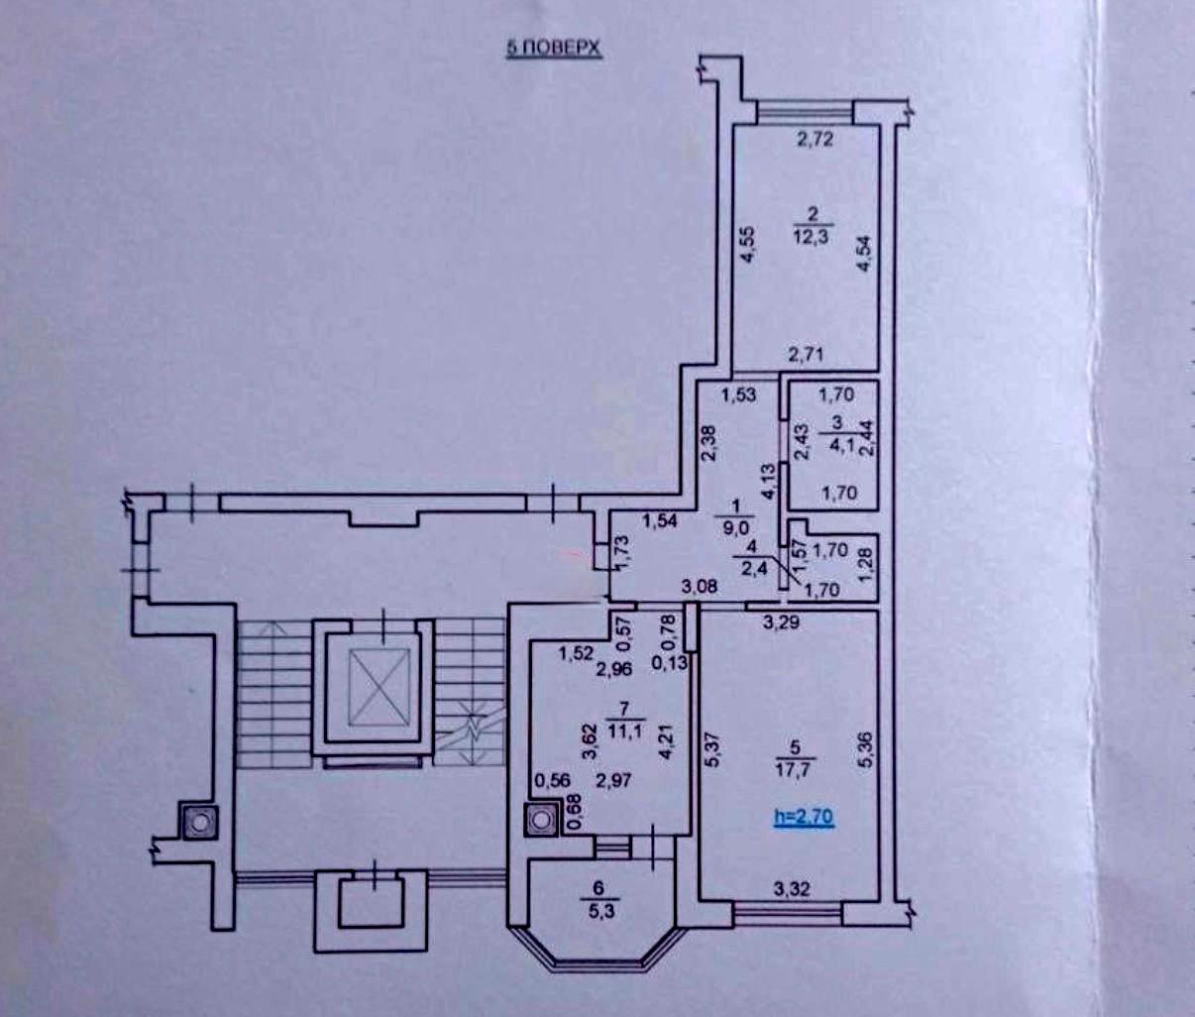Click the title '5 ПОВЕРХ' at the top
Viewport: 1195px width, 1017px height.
[x=554, y=50]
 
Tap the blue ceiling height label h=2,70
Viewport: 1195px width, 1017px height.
[x=804, y=818]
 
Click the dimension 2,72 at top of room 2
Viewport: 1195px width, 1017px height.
[x=815, y=140]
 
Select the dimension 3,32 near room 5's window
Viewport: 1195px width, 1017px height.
[x=790, y=890]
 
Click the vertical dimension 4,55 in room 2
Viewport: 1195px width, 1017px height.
[x=750, y=244]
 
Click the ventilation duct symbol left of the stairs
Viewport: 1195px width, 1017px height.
[x=198, y=821]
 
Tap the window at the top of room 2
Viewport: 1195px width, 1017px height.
[x=805, y=112]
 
